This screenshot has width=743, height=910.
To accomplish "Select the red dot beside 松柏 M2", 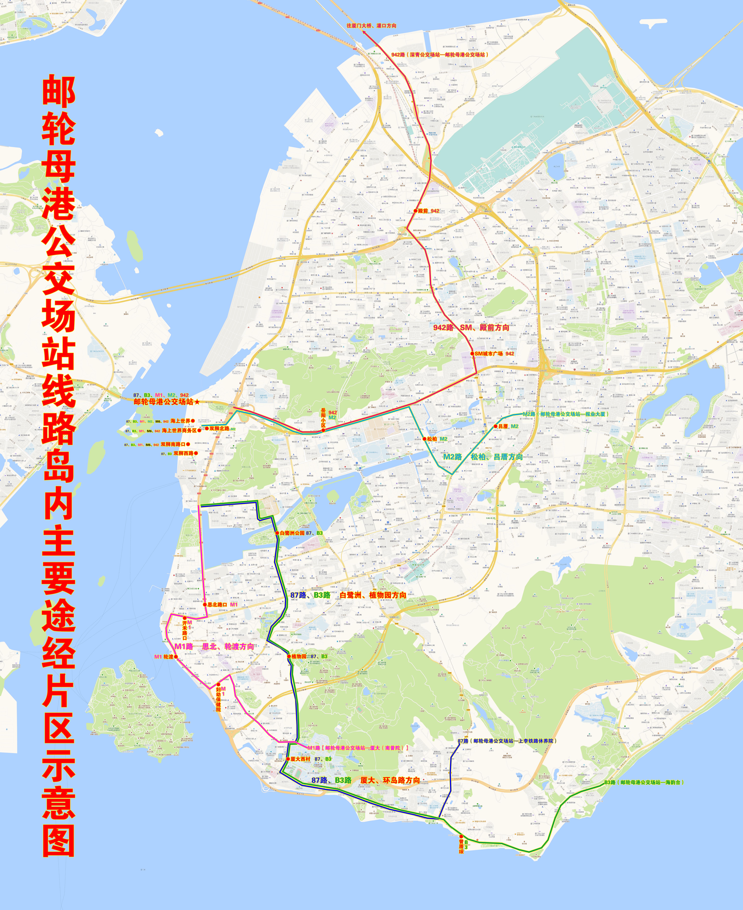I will [x=424, y=439].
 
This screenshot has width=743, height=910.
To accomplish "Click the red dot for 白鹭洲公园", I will [x=277, y=533].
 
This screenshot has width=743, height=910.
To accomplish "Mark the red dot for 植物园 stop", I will [x=289, y=656].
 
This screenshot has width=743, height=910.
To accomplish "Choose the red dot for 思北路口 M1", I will [x=205, y=604].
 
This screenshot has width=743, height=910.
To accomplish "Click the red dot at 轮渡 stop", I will [x=176, y=657].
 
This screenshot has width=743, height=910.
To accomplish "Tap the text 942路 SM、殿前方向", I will [x=471, y=327].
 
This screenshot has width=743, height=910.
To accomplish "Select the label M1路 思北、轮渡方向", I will [x=214, y=646].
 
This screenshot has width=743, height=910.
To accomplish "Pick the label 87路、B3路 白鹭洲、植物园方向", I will [x=348, y=595].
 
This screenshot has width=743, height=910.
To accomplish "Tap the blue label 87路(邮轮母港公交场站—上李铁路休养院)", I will [x=507, y=741].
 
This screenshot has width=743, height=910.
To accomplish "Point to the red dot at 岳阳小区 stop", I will [x=323, y=430].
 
